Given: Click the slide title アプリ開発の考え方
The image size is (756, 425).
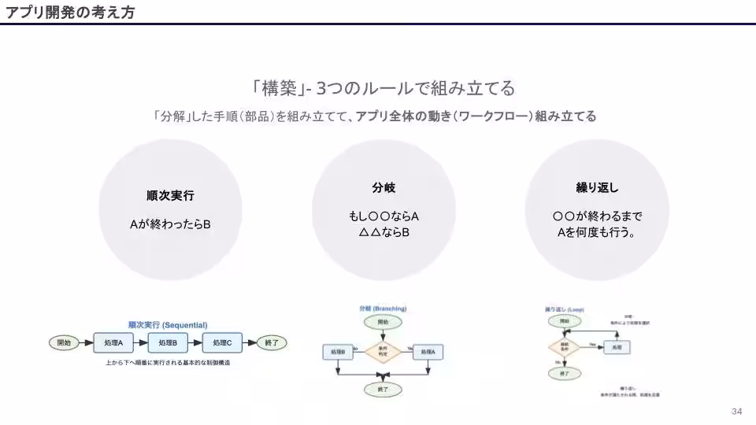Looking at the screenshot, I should pos(69,11).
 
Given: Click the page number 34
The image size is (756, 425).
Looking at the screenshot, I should pos(737,412).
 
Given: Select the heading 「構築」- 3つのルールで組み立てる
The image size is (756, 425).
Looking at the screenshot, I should pos(384,87).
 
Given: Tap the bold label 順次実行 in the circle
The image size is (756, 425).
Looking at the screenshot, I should pos(170,195).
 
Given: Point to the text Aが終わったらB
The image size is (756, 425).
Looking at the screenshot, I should pos(170,224).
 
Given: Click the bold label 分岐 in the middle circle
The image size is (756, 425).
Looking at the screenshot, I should pos(384,188).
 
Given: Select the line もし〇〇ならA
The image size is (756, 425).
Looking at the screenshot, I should pos(384,216).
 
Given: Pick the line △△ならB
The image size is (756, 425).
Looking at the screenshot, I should pos(384,232).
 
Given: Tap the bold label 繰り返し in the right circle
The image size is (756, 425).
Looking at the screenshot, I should pos(597,188).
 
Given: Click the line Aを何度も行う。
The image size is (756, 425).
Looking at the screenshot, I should pos(597,232).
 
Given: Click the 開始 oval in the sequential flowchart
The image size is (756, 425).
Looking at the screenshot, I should pos(65,342).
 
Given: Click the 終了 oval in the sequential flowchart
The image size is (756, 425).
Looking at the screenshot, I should pos(272,342).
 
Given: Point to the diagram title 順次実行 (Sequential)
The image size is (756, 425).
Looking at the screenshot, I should pos(168,324).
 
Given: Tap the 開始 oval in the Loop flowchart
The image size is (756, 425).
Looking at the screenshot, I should pos(564,322).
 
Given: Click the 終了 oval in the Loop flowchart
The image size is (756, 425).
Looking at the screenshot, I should pos(564,375).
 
